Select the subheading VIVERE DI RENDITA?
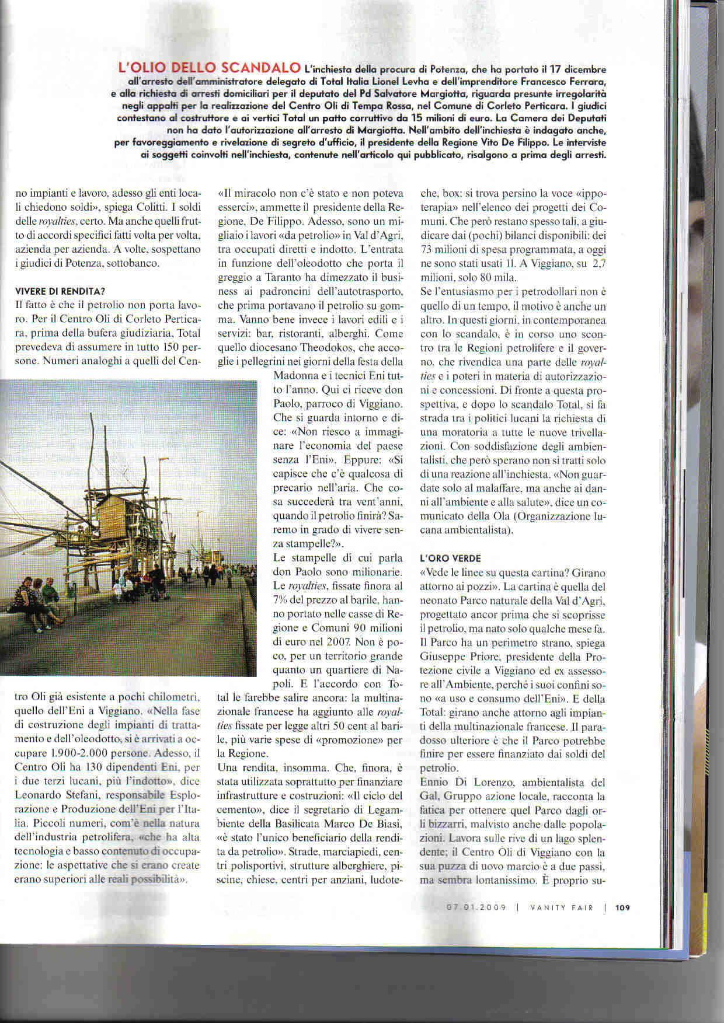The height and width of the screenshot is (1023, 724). pos(60,291)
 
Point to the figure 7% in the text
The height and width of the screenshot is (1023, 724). pos(283,599)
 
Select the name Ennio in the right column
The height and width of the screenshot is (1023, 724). pos(436,782)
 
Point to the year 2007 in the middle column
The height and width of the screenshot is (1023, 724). pos(339,642)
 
